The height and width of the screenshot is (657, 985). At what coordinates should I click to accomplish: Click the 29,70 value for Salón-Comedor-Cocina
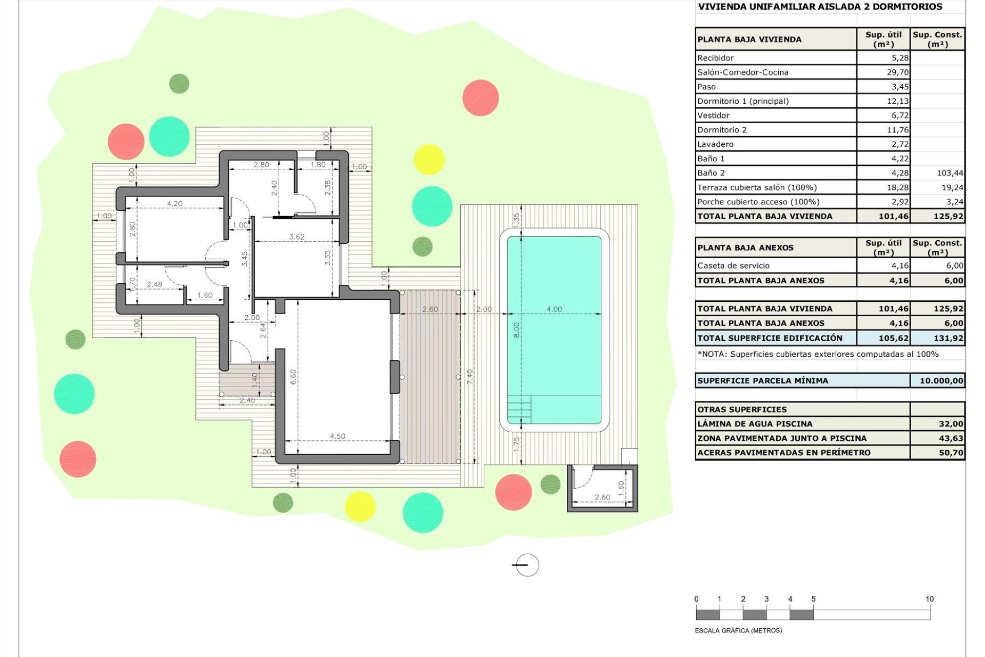(897, 72)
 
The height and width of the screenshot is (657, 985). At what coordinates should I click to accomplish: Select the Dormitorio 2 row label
(722, 130)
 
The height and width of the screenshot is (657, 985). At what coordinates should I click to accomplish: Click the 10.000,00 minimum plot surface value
(941, 381)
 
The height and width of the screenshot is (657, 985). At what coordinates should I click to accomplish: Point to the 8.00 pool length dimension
(517, 330)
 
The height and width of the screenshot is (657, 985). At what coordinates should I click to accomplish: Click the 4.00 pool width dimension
(554, 309)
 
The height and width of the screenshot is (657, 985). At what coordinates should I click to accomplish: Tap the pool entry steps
(519, 410)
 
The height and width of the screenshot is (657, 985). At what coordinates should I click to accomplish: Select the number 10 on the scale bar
(930, 599)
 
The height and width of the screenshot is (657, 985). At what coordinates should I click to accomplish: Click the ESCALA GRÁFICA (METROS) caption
(738, 630)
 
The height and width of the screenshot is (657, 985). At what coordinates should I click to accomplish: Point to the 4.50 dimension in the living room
(337, 436)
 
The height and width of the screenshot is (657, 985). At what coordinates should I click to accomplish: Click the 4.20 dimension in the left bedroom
(174, 204)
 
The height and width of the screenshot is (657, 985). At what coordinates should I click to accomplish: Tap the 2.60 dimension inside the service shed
(602, 497)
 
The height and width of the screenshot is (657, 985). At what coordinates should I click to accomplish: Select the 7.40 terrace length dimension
(470, 376)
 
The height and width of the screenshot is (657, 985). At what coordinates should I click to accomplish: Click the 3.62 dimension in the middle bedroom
(297, 237)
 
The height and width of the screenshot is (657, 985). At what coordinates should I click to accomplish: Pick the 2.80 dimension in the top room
(261, 165)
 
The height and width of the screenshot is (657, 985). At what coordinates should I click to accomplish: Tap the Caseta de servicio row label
(733, 266)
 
